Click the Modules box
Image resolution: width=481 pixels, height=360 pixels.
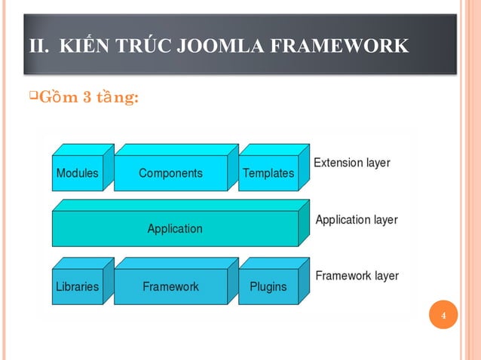[x=77, y=172]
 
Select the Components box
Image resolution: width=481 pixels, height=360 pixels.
[x=170, y=172]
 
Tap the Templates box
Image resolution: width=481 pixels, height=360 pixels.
[x=268, y=173]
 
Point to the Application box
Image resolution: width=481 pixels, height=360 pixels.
[x=175, y=228]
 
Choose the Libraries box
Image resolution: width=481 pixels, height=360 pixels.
[x=77, y=286]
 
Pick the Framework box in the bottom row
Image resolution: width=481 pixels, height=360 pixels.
[x=170, y=286]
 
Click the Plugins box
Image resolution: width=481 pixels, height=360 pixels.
[x=268, y=286]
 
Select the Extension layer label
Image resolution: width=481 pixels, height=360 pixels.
[x=351, y=162]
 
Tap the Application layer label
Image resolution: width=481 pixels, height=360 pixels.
[x=356, y=220]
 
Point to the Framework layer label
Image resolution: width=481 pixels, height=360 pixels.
[x=357, y=276]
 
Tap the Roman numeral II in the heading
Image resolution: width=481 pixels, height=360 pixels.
[x=38, y=46]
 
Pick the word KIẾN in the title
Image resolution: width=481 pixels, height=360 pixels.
[x=83, y=46]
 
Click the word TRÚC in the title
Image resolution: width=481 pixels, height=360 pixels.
[x=142, y=46]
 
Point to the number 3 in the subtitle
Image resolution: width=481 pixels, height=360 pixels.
[x=87, y=99]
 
